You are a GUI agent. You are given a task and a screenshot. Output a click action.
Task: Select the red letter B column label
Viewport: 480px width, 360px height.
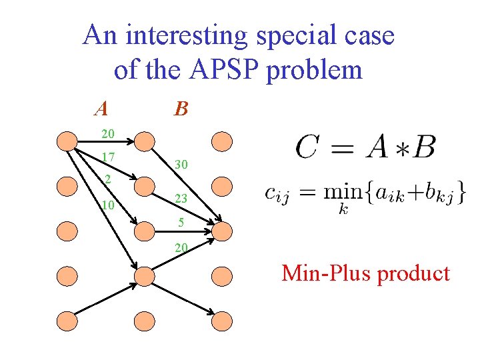180,108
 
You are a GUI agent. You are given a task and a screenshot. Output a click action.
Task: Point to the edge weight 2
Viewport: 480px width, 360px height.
107,179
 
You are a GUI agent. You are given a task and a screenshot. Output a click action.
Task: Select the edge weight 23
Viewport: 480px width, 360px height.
181,198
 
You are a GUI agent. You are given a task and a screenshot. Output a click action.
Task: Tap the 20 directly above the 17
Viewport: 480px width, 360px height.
108,134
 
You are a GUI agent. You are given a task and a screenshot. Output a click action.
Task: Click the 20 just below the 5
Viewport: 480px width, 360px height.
181,248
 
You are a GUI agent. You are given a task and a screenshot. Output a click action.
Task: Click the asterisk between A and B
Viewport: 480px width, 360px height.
402,148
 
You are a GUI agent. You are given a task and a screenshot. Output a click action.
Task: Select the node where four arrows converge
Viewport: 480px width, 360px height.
222,231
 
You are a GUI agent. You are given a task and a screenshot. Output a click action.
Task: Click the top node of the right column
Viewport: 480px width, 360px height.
222,141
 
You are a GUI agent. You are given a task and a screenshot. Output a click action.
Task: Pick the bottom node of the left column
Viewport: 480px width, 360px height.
67,321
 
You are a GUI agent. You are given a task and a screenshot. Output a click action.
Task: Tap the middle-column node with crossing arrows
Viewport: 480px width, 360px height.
144,276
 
